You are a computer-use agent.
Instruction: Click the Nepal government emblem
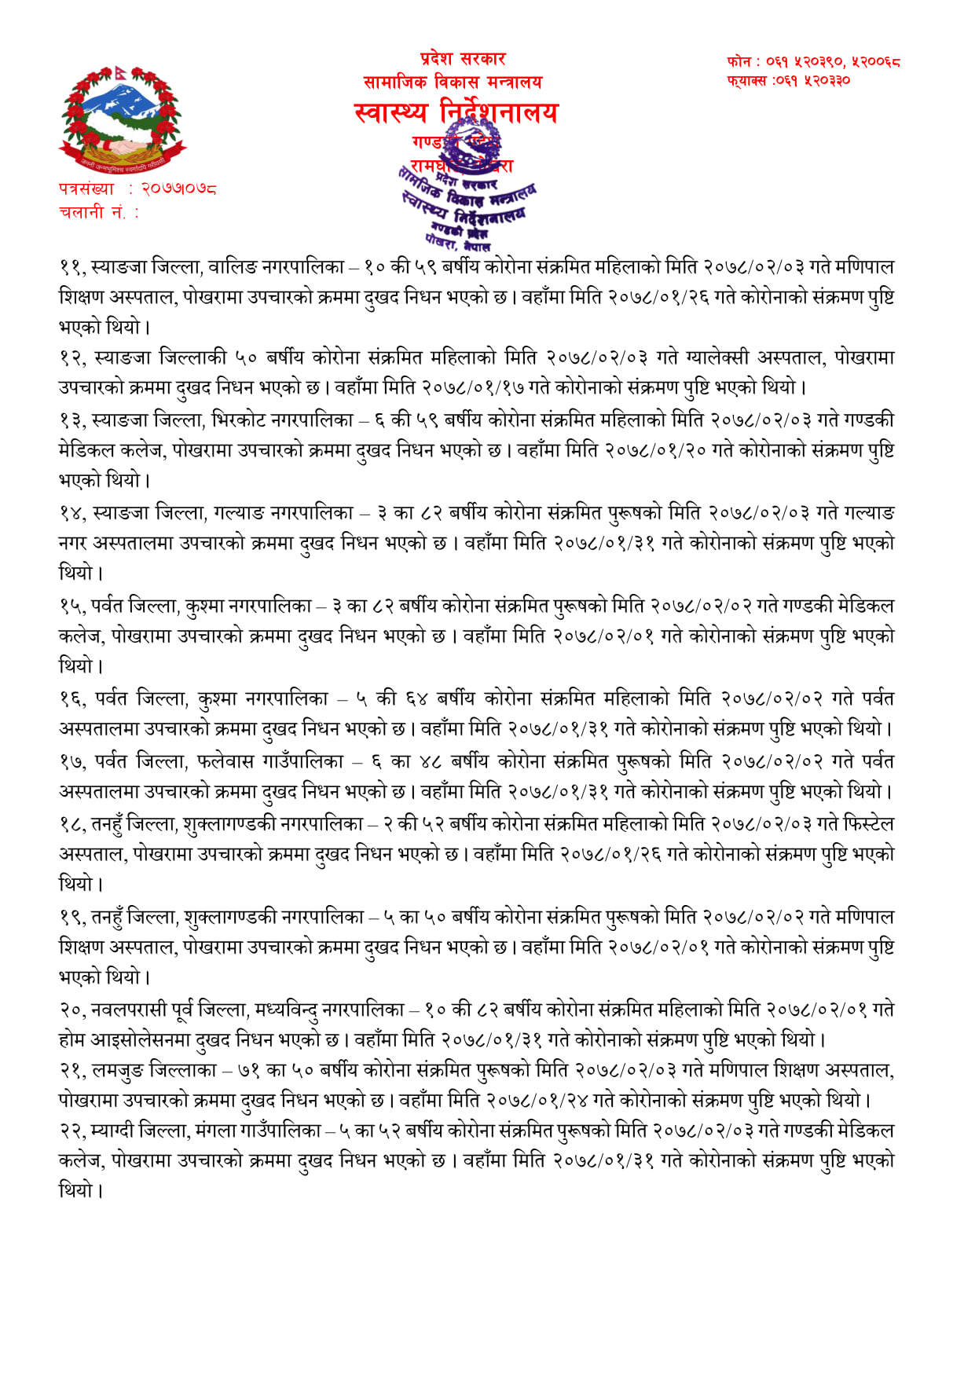tap(122, 119)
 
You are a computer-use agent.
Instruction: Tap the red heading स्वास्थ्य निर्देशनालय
tap(456, 113)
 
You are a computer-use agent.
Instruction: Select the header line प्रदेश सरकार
tap(462, 59)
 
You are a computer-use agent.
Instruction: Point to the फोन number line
tap(813, 61)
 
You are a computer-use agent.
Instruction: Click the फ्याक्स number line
tap(788, 80)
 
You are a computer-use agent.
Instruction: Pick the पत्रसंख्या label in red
tap(86, 189)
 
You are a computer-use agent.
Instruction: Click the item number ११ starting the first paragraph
tap(71, 267)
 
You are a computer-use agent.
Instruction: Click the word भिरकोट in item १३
tap(237, 420)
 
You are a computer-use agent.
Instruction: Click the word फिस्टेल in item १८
tap(868, 824)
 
